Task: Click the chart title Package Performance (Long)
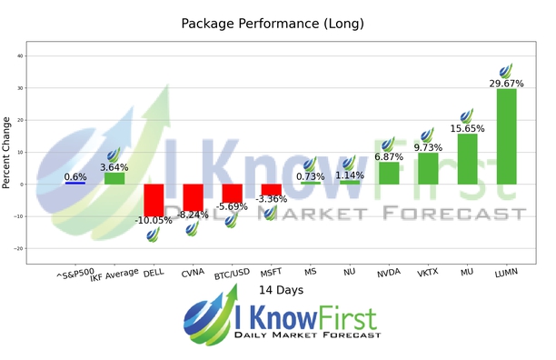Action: (278, 23)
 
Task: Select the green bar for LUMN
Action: (507, 136)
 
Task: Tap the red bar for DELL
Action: (154, 200)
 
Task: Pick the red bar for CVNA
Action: (193, 197)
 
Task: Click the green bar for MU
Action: (467, 159)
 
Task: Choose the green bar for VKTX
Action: (428, 168)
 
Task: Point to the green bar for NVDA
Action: (389, 173)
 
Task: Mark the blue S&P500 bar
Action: (75, 183)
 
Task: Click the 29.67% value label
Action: (507, 83)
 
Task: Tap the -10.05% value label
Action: (154, 221)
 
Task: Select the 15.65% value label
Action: (467, 128)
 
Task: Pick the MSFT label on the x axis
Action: (270, 271)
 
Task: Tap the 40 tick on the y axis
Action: (20, 56)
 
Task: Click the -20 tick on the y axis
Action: (18, 248)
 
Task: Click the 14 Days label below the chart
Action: (277, 290)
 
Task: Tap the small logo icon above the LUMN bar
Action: (506, 70)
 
